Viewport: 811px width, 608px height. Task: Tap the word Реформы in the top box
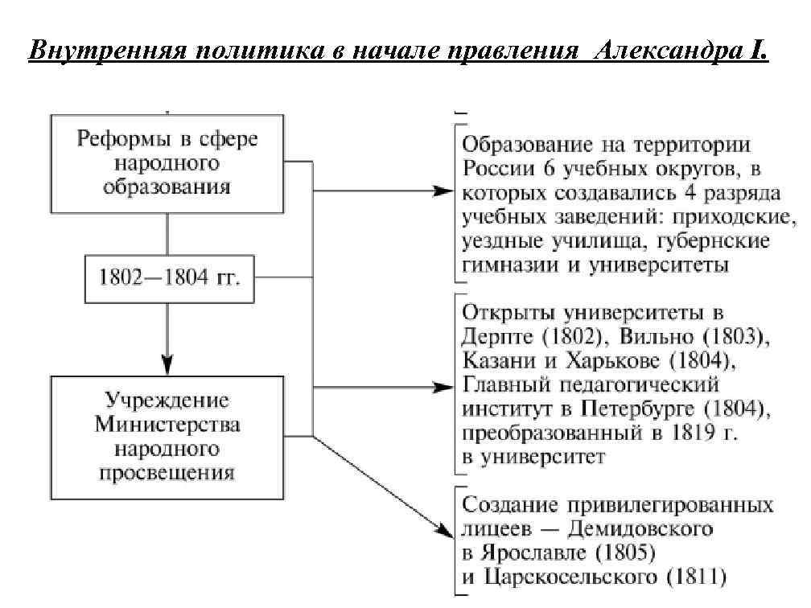(x=122, y=139)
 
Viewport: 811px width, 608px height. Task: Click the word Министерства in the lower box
(x=167, y=423)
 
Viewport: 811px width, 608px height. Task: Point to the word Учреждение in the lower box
(x=167, y=400)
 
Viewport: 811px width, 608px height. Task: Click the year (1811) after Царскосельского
(x=690, y=577)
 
